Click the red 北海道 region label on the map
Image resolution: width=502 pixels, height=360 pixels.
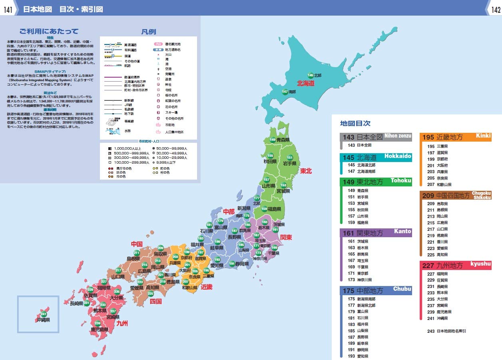(x=306, y=84)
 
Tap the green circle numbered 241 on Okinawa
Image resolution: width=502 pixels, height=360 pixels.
(x=44, y=314)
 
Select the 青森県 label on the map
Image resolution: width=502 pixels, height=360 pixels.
(x=283, y=140)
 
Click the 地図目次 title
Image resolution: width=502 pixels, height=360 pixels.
(x=355, y=124)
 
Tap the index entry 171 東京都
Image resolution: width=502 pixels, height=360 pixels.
(x=357, y=273)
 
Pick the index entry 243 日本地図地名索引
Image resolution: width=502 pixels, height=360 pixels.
(x=446, y=331)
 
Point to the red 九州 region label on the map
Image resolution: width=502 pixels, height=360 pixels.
(x=122, y=323)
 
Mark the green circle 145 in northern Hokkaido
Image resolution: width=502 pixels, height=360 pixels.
(x=311, y=75)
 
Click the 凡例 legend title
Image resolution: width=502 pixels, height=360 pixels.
(x=148, y=32)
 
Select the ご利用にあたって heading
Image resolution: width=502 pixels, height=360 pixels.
(x=49, y=32)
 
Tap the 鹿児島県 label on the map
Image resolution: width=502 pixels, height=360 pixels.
(x=100, y=330)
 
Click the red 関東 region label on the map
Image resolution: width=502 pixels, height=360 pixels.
(x=286, y=237)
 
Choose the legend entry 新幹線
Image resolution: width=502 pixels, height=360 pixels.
(x=129, y=100)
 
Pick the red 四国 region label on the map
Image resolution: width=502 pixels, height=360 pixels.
(x=155, y=301)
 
